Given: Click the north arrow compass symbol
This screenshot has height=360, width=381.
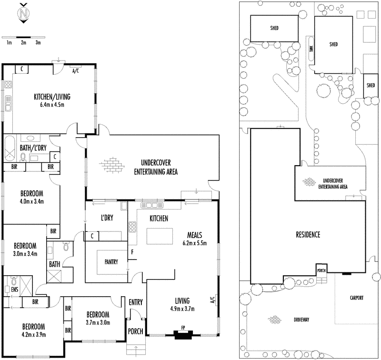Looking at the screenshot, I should (23, 14).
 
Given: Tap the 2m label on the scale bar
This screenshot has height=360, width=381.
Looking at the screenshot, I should (23, 43).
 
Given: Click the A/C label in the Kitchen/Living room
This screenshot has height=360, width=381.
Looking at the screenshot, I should (75, 71).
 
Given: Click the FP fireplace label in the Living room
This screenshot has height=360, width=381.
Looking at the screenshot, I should (183, 328).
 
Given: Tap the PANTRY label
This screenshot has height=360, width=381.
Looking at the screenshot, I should (110, 262).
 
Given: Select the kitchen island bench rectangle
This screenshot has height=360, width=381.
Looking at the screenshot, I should (160, 236).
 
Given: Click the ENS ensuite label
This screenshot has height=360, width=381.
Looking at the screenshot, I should (8, 289).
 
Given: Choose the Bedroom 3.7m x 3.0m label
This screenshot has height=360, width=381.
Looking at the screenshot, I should (98, 318).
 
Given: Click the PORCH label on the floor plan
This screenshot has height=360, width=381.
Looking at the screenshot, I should (135, 331).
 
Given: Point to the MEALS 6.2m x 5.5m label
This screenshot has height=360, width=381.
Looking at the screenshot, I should (195, 239).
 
